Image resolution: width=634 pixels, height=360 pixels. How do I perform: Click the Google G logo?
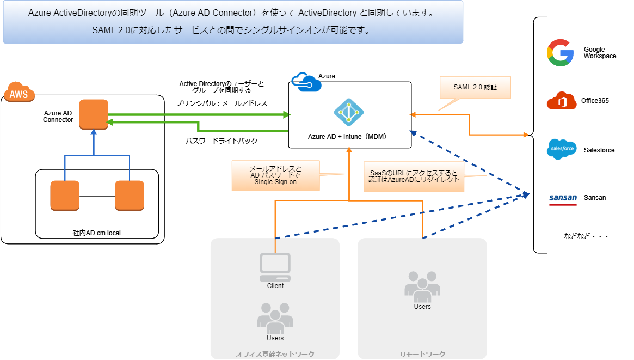click(x=561, y=53)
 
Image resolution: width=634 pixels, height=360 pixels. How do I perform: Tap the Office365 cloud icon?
click(x=562, y=101)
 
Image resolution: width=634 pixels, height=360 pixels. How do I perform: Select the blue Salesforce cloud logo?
click(x=562, y=149)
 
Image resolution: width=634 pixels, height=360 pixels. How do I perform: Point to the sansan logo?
click(x=563, y=199)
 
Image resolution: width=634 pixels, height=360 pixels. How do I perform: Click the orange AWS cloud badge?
click(x=19, y=92)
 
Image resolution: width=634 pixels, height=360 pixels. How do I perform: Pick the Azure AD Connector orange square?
click(x=94, y=114)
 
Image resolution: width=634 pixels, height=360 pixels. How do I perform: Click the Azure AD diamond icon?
click(x=348, y=112)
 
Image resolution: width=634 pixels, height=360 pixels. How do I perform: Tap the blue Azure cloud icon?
click(x=306, y=82)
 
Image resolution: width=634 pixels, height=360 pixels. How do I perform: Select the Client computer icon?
click(x=275, y=267)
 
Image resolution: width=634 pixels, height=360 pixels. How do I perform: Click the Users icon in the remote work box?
click(x=422, y=286)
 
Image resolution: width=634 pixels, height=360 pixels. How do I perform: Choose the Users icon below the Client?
click(x=275, y=318)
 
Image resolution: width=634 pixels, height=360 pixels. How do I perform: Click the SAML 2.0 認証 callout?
click(x=475, y=87)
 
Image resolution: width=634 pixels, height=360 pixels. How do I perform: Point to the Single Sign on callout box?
click(x=275, y=175)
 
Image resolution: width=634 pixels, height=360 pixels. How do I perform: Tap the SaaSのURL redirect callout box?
click(x=414, y=176)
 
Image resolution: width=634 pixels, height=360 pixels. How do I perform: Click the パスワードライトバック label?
click(x=221, y=141)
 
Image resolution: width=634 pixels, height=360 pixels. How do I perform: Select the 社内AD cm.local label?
click(x=97, y=233)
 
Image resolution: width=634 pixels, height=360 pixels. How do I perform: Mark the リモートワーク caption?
click(x=422, y=355)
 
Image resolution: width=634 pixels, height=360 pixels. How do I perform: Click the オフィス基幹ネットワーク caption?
click(x=275, y=355)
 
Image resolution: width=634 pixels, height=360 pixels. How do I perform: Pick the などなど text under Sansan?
click(x=586, y=236)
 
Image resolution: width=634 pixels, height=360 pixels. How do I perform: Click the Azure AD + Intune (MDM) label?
click(x=347, y=137)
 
